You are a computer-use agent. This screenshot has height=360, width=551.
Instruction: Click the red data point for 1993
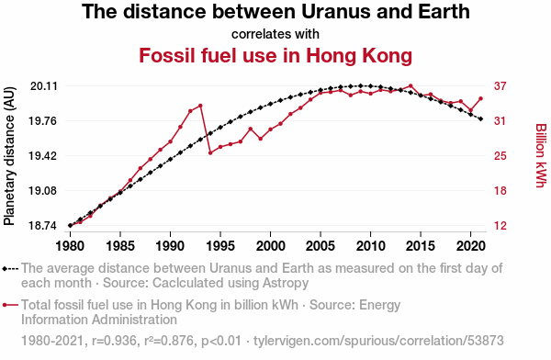(200, 106)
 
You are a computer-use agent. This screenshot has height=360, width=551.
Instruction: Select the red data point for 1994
(210, 153)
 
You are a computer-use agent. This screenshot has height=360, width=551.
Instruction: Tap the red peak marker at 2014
(410, 85)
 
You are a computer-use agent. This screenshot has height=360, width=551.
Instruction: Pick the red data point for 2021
(480, 99)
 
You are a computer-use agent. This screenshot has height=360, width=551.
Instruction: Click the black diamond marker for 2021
(480, 118)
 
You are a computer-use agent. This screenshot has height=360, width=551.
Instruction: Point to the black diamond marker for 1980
(71, 225)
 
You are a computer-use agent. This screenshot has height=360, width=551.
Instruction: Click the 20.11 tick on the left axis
(43, 86)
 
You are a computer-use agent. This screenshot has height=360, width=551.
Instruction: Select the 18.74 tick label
(42, 225)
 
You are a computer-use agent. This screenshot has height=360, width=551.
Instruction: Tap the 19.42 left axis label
(42, 156)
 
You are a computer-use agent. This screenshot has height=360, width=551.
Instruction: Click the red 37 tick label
(500, 86)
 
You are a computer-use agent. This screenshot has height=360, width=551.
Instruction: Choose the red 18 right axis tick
(500, 191)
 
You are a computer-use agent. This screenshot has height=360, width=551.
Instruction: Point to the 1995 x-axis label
(220, 246)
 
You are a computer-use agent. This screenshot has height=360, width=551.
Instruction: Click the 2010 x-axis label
(370, 246)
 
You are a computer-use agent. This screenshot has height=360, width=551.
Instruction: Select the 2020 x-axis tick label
(470, 246)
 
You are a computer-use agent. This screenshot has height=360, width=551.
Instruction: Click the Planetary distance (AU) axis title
(9, 156)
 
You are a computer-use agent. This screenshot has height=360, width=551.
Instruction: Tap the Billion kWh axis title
(541, 155)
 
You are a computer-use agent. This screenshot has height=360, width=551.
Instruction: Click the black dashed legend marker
(10, 269)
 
